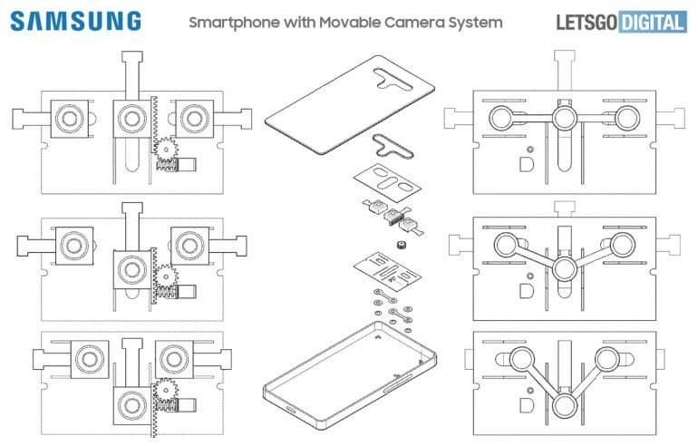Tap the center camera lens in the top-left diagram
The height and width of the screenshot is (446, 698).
tap(130, 117)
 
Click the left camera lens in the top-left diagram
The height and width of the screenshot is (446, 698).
tap(67, 117)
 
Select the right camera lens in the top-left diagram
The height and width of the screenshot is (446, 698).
tap(192, 117)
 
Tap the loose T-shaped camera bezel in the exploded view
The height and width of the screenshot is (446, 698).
tap(388, 142)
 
